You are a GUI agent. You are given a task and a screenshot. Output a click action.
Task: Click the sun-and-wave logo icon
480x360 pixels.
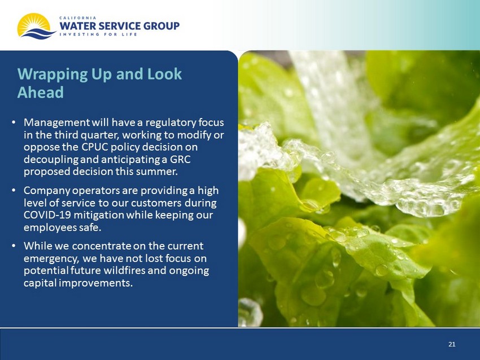click(36, 27)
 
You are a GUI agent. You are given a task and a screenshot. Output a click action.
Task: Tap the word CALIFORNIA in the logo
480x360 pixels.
click(78, 17)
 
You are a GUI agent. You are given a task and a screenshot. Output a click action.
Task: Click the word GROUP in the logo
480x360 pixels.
click(162, 26)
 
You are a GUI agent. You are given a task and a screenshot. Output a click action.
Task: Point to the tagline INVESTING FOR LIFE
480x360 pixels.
click(98, 34)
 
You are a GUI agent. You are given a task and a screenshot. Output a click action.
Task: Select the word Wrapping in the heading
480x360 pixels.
click(53, 75)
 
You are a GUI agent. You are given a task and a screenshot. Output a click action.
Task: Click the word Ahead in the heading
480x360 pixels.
click(41, 92)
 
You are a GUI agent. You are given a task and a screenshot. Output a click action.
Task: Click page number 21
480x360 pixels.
click(452, 344)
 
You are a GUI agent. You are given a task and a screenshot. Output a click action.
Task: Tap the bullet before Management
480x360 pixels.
click(14, 122)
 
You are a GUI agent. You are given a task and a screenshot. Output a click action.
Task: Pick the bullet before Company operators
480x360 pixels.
click(14, 191)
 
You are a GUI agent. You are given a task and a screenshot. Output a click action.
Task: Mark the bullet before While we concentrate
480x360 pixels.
click(14, 246)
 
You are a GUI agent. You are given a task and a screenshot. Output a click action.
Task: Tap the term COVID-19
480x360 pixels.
click(47, 215)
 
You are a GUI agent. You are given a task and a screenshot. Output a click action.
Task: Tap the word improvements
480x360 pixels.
click(95, 283)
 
